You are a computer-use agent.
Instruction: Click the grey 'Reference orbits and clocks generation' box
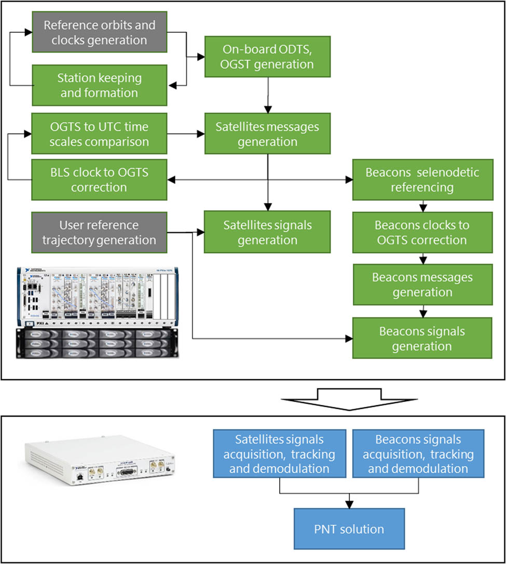(99, 32)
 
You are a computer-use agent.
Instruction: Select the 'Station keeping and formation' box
(99, 86)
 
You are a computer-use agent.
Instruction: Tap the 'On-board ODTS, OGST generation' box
(268, 57)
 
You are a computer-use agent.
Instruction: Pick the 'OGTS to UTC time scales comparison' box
(99, 134)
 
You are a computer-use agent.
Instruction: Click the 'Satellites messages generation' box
(268, 134)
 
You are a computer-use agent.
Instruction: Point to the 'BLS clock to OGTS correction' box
(99, 180)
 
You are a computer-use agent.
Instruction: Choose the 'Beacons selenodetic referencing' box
(422, 180)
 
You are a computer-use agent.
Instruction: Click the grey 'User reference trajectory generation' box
(99, 232)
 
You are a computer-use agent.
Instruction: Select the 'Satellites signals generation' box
(268, 232)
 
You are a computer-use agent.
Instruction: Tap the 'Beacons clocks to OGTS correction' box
(422, 232)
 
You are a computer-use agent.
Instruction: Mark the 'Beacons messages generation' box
(422, 284)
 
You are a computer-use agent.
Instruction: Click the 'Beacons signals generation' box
(422, 338)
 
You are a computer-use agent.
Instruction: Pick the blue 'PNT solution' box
(349, 529)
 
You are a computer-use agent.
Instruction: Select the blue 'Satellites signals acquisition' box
(279, 454)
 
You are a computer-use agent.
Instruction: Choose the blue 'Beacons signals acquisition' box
(418, 454)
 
